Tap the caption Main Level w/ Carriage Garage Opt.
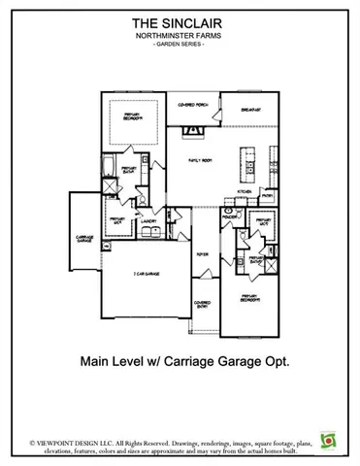(x=180, y=360)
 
